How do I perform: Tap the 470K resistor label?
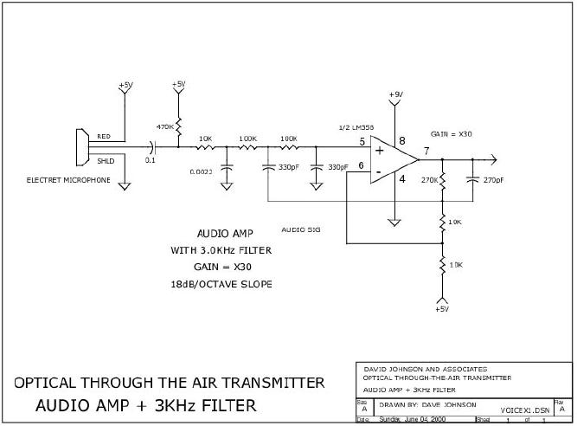(x=164, y=127)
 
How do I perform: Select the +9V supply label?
(x=394, y=94)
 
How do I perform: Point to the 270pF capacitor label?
(x=494, y=180)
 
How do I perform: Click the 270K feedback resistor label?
(x=427, y=181)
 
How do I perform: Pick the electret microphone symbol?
(x=82, y=148)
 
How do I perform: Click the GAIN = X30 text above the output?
(x=451, y=134)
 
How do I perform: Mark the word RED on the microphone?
(x=103, y=137)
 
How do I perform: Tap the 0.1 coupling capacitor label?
(x=150, y=159)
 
